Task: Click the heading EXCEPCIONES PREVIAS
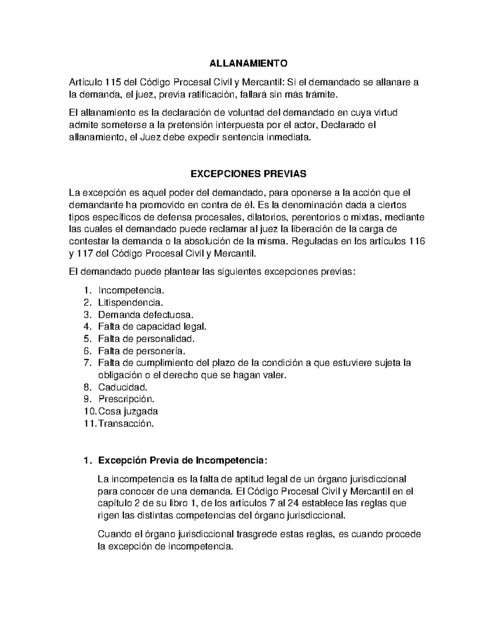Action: point(248,173)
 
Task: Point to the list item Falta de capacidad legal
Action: point(152,326)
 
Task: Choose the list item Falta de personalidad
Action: point(146,339)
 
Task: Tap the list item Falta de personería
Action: point(142,351)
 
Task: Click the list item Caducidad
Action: point(123,388)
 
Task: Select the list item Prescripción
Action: point(126,400)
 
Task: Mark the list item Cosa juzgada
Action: point(128,412)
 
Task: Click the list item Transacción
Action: point(126,424)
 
